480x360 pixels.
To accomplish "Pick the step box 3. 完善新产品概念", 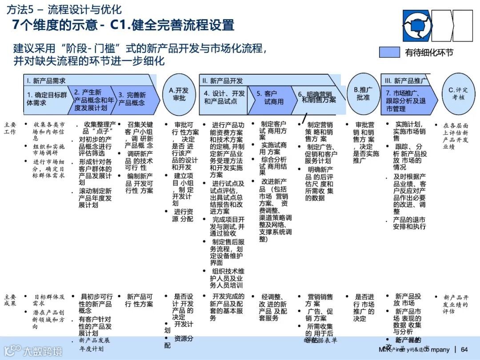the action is (134, 99).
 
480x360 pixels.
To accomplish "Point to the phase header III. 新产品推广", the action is (405, 80).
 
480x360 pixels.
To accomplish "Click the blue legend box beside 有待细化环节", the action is (389, 52).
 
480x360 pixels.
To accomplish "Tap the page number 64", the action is (464, 349).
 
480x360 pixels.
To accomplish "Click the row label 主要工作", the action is (10, 128).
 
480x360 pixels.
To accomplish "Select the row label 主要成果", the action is (10, 300).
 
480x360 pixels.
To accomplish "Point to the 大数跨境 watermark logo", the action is (33, 351).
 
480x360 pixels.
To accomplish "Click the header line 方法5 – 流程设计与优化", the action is (64, 9).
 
